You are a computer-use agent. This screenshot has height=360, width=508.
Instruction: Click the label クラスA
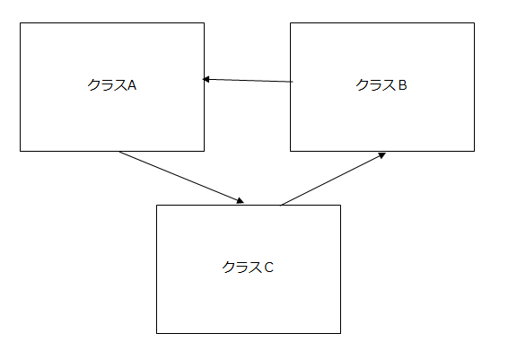pyautogui.click(x=112, y=85)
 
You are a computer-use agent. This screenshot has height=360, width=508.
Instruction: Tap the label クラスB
pyautogui.click(x=381, y=85)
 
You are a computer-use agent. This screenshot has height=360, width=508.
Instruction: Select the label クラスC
pyautogui.click(x=248, y=268)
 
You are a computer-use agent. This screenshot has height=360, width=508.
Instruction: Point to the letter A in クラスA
pyautogui.click(x=132, y=85)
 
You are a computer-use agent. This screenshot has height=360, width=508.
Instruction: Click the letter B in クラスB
pyautogui.click(x=402, y=85)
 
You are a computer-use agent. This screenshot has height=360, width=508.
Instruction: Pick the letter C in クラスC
pyautogui.click(x=269, y=268)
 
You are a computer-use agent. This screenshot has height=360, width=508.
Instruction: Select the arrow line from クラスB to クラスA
pyautogui.click(x=248, y=81)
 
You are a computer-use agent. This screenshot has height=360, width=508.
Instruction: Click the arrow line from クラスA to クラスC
pyautogui.click(x=181, y=177)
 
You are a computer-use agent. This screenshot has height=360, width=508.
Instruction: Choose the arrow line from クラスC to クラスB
pyautogui.click(x=333, y=179)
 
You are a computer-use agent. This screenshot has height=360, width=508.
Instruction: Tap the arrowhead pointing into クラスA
pyautogui.click(x=206, y=79)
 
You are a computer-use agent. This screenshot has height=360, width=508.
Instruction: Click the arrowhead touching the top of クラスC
pyautogui.click(x=241, y=201)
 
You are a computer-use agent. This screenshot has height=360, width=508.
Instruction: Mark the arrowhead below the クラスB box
pyautogui.click(x=382, y=155)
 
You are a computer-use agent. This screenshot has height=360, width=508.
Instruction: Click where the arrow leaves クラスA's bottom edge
pyautogui.click(x=119, y=152)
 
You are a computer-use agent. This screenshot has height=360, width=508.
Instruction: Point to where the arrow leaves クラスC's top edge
pyautogui.click(x=281, y=205)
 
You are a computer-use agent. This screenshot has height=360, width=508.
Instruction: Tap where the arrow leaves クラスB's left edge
pyautogui.click(x=291, y=82)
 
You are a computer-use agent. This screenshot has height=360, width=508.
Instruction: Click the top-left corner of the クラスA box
pyautogui.click(x=20, y=23)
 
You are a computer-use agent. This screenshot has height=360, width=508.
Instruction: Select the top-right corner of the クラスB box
pyautogui.click(x=474, y=23)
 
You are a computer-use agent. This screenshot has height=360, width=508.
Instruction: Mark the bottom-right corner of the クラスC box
pyautogui.click(x=340, y=333)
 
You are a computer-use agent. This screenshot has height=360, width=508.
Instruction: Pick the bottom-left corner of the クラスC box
pyautogui.click(x=157, y=333)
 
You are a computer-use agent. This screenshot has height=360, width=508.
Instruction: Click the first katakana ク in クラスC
pyautogui.click(x=228, y=268)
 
